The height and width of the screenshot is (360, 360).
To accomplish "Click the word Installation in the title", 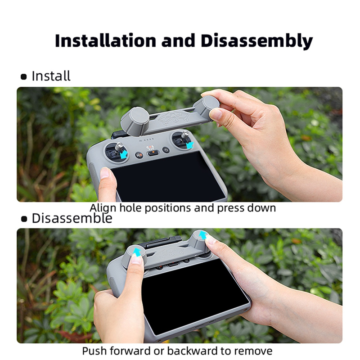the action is coord(106,40).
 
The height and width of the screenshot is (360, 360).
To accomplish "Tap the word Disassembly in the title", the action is coord(256,41).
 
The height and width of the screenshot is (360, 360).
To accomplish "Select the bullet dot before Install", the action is coord(24,76).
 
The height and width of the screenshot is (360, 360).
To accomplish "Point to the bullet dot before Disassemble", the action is coord(24,219).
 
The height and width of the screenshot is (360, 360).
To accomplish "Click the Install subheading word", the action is coord(51,76).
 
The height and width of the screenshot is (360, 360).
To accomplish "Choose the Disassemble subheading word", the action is coord(72,218).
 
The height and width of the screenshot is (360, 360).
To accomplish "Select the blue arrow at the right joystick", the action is coord(190,145).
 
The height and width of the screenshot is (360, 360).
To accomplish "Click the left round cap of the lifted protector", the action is coord(135,121).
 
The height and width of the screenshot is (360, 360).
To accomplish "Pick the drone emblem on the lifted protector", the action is coord(173,119).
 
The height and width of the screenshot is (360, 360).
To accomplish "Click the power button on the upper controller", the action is coord(166,150).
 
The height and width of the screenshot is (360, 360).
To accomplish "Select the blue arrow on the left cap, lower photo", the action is coord(137,252).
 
